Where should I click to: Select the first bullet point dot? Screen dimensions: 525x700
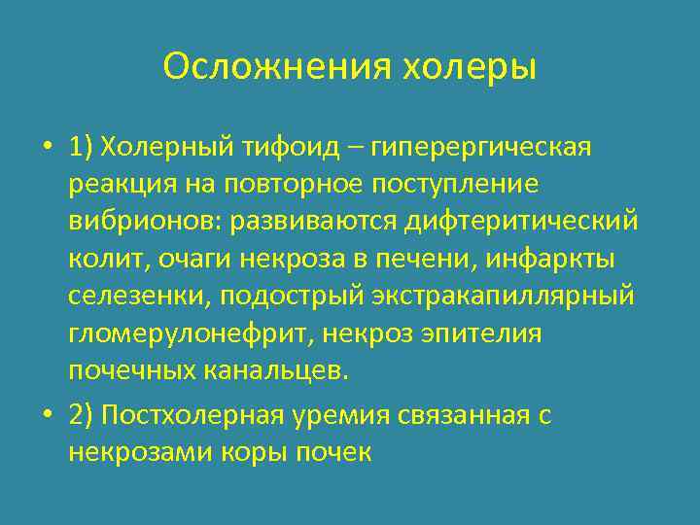(x=48, y=149)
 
